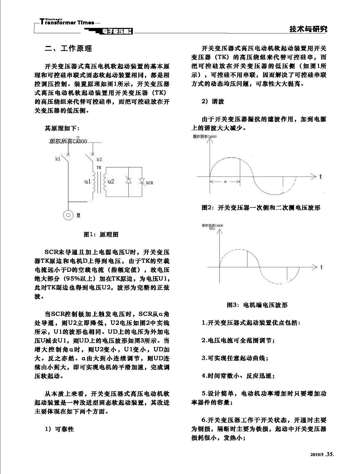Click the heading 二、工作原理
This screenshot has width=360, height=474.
(x=68, y=48)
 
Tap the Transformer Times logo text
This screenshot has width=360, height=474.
(x=67, y=22)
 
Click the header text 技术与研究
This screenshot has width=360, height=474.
(x=308, y=29)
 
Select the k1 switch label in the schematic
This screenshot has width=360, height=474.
(x=58, y=159)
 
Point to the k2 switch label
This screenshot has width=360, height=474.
(x=99, y=159)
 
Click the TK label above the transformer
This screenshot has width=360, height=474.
(x=99, y=167)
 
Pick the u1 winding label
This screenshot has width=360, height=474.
(x=87, y=181)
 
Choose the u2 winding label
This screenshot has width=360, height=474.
(x=111, y=181)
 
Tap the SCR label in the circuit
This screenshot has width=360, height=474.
(x=149, y=183)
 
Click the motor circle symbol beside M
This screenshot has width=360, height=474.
(x=68, y=215)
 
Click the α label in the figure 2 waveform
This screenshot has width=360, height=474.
(x=225, y=182)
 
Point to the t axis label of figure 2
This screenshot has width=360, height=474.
(x=321, y=176)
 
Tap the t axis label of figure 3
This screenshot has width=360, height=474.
(x=321, y=267)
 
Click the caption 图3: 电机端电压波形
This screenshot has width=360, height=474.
(x=257, y=305)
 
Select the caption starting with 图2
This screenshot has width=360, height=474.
(x=261, y=208)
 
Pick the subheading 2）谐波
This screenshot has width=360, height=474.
(x=213, y=102)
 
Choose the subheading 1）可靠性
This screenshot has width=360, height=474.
(x=59, y=429)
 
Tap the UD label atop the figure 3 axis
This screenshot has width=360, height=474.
(x=212, y=228)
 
